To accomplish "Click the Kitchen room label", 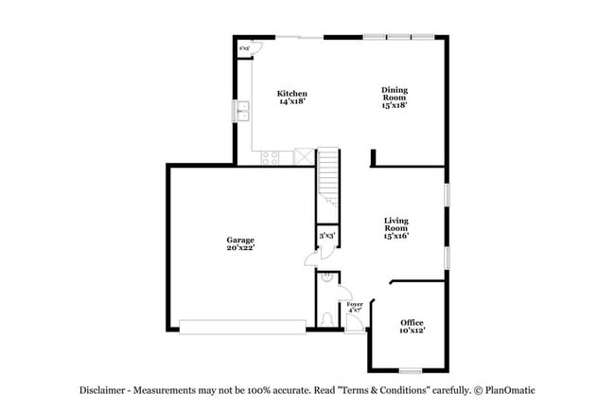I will click(x=291, y=93).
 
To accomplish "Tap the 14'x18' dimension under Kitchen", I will click(x=291, y=101).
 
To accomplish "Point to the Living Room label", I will click(x=395, y=223).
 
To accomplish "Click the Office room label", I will click(x=412, y=322).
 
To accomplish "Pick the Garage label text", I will click(x=240, y=240).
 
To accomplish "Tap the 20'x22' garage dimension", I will click(x=240, y=248).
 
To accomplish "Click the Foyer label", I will click(x=355, y=304).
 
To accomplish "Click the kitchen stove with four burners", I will click(x=270, y=157).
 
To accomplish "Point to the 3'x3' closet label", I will click(x=327, y=235).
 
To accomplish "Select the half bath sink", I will click(x=325, y=278).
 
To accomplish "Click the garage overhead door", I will click(x=242, y=327).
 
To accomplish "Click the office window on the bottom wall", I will click(x=410, y=370).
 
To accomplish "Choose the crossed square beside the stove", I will click(x=303, y=157).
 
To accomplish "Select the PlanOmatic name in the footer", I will click(x=511, y=390).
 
